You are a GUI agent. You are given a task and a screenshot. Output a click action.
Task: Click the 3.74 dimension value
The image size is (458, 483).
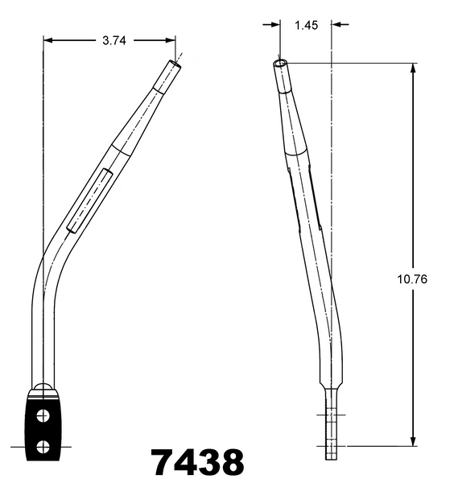(113, 39)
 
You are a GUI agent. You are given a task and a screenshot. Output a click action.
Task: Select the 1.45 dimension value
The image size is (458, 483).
(306, 25)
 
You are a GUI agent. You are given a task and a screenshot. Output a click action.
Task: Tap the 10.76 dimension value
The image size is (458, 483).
(413, 280)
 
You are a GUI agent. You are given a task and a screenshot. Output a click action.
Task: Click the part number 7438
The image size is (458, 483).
(197, 463)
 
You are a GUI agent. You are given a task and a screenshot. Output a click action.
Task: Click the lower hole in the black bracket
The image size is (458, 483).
(43, 444)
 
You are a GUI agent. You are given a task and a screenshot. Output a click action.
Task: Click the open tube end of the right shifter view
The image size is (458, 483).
(279, 62)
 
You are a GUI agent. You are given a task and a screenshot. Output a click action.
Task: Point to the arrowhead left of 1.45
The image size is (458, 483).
(276, 25)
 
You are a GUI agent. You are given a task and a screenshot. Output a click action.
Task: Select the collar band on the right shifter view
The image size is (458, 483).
(295, 150)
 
